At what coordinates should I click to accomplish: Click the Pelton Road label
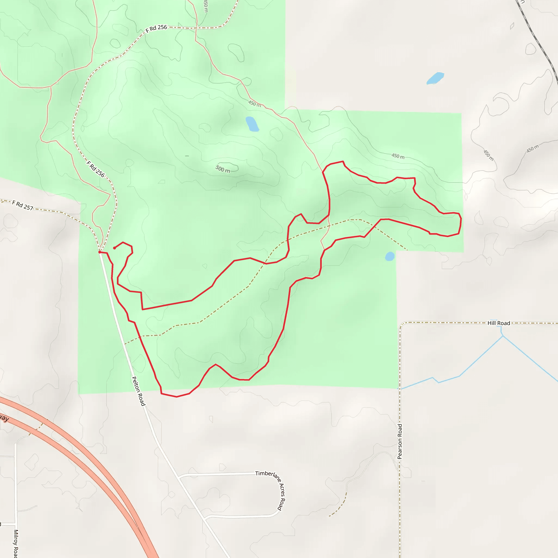(x=138, y=391)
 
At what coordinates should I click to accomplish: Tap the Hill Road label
(x=499, y=323)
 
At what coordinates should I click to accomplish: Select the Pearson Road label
(x=400, y=441)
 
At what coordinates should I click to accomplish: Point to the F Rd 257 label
(x=23, y=205)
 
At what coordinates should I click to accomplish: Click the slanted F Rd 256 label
(x=96, y=169)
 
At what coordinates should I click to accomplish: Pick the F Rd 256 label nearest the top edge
(x=156, y=29)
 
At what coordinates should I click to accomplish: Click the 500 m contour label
(x=223, y=169)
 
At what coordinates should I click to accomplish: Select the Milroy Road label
(x=16, y=543)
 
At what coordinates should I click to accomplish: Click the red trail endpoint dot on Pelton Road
(x=100, y=252)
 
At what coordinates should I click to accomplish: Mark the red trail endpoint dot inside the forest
(x=114, y=248)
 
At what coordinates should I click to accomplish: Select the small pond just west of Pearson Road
(x=390, y=256)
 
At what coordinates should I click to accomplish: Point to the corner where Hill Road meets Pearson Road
(x=401, y=324)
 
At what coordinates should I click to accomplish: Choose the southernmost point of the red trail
(x=177, y=397)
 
